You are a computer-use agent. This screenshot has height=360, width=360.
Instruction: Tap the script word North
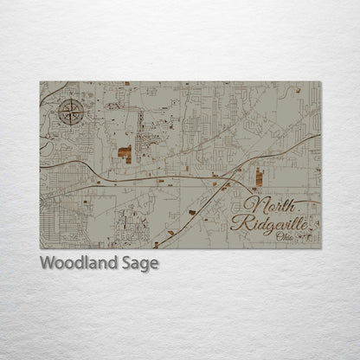pos(263,206)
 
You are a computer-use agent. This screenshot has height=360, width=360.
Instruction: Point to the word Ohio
pos(285,236)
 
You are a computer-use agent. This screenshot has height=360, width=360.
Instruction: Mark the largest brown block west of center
pos(125,155)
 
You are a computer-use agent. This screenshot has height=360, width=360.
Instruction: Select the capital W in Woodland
pos(46,263)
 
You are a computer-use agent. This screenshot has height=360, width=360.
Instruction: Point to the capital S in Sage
pos(125,263)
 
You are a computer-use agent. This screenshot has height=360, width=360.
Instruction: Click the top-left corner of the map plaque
pos(40,82)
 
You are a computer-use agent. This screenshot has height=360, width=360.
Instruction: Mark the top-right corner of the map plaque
pos(320,82)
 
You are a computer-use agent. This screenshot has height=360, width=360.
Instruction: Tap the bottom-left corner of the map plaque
pos(40,248)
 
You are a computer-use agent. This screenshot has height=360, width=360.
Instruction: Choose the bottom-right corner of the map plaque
pos(320,248)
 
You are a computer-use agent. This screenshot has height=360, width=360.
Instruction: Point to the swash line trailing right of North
pos(303,202)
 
